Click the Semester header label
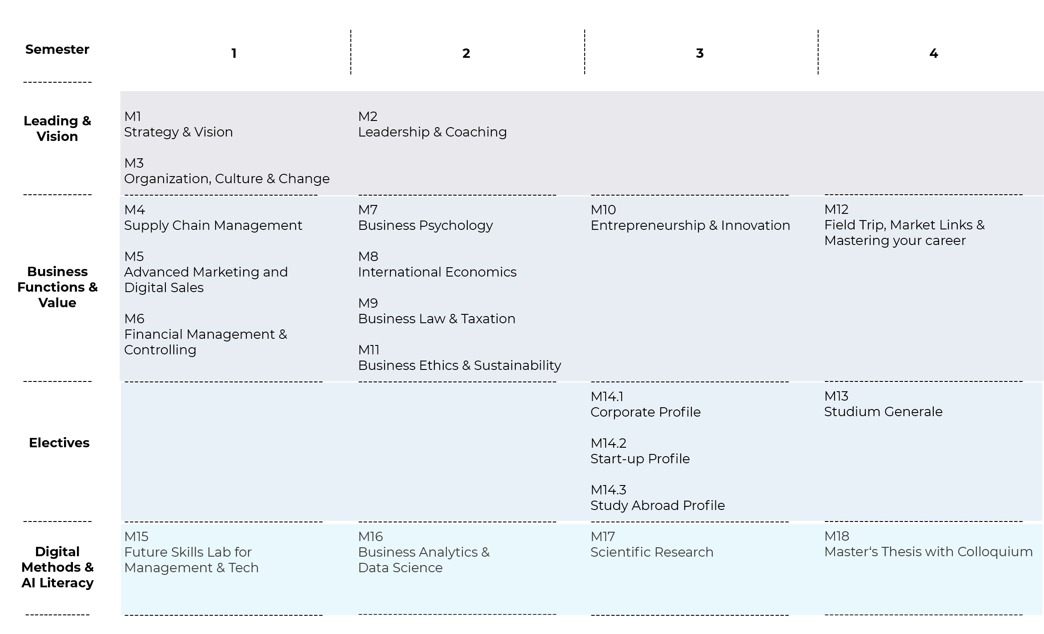pos(57,49)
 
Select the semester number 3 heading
pos(700,53)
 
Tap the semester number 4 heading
pos(934,53)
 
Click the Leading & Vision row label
pos(57,128)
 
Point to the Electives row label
pos(59,443)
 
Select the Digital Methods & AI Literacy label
pos(57,567)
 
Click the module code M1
pos(133,116)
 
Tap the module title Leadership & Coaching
pos(432,132)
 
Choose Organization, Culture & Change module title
pos(227,179)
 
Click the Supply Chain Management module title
pos(213,225)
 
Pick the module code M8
pos(368,257)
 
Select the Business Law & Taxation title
pos(437,319)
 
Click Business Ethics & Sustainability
pos(460,365)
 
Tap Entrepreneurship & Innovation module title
pos(690,225)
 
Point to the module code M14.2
pos(608,443)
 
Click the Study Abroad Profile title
pos(658,506)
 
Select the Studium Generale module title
pos(883,412)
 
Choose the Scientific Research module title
pos(652,552)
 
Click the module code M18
pos(836,536)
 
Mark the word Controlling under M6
pos(160,350)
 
